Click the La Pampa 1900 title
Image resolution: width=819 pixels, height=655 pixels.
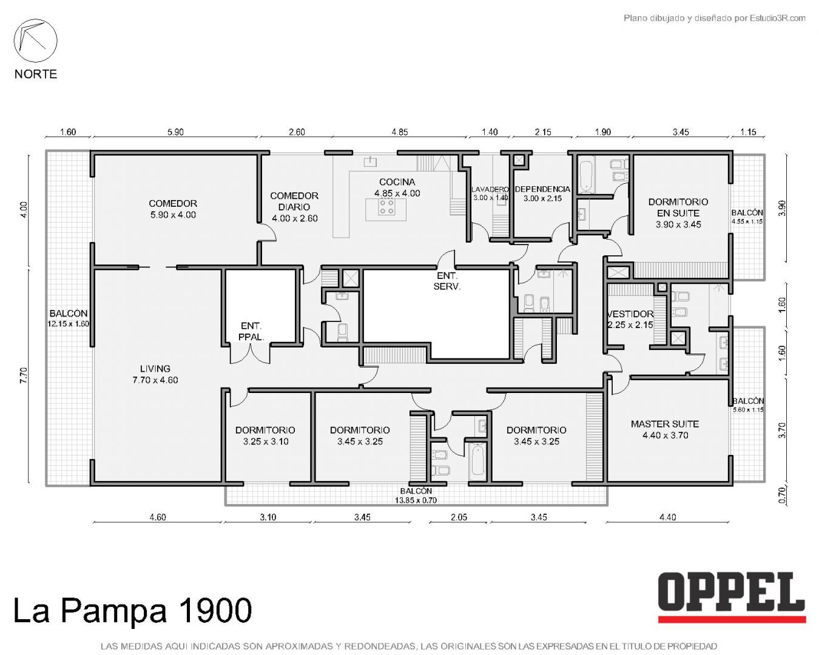(132, 610)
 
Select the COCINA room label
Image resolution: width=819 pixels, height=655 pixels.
(397, 182)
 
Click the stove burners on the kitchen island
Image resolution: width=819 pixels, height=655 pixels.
(386, 206)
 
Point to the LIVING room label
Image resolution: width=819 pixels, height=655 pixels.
(155, 368)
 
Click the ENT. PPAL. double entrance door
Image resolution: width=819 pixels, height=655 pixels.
(250, 353)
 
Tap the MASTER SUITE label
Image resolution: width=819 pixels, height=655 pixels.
(665, 424)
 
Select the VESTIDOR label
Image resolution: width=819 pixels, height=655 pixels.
(630, 314)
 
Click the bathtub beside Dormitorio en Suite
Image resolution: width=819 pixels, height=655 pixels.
(585, 177)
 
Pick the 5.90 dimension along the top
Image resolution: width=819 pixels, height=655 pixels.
(175, 132)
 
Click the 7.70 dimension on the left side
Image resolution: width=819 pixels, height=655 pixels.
(24, 375)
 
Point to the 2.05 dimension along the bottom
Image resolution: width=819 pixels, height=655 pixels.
(459, 517)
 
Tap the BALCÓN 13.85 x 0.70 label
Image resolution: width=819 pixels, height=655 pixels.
(416, 495)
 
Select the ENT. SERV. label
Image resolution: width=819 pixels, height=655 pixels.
(447, 281)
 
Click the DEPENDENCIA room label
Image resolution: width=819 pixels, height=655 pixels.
(542, 189)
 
